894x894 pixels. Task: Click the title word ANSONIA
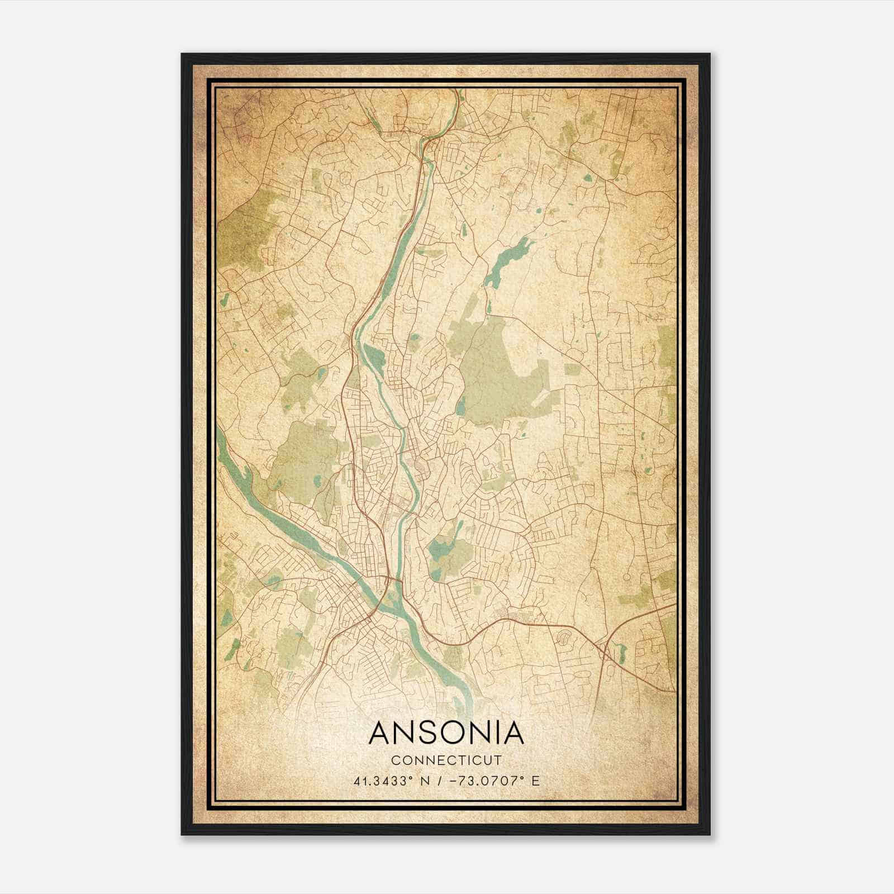[x=446, y=733]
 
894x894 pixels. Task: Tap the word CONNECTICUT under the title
[x=446, y=760]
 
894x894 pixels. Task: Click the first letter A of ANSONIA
[x=381, y=733]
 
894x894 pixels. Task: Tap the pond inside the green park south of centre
[x=439, y=550]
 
